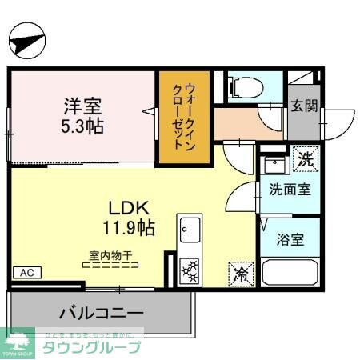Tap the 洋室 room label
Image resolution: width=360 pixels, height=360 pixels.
tap(83, 105)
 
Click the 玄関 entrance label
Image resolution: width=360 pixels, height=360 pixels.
tap(303, 105)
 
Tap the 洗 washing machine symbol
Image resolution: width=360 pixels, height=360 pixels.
tap(304, 158)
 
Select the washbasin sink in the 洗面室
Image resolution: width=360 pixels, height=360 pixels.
tap(277, 166)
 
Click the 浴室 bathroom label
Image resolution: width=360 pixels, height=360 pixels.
tap(290, 238)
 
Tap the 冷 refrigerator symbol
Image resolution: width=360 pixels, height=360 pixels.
tap(240, 273)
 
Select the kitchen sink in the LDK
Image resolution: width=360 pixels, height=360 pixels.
tap(190, 230)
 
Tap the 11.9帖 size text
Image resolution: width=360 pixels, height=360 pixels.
tap(124, 227)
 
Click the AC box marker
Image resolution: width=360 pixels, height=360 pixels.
tap(24, 272)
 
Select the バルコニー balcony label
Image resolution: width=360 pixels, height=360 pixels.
tap(102, 312)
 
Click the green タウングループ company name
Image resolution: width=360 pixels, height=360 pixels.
tap(91, 346)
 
